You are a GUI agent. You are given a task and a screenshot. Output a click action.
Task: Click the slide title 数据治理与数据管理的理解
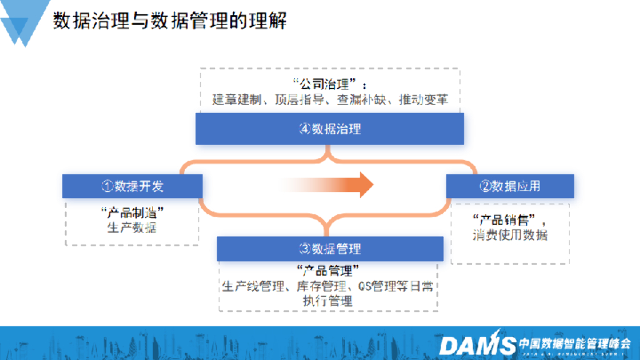170,21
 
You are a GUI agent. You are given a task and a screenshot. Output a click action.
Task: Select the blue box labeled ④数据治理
329,129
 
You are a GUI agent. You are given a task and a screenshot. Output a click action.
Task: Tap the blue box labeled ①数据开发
132,186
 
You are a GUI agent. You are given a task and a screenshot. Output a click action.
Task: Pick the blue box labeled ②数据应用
509,186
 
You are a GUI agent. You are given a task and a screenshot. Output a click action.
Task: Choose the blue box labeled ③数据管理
329,249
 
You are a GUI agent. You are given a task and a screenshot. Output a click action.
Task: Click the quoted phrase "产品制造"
132,212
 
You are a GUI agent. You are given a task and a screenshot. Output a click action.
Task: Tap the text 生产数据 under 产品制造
132,227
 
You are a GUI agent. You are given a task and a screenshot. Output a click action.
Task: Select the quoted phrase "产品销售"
505,220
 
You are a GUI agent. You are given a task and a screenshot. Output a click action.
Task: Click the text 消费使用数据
509,235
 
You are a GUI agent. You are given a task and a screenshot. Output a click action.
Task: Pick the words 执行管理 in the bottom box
328,301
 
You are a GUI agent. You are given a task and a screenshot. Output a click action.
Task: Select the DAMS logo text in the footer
477,344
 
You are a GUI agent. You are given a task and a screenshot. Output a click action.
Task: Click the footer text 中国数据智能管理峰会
575,343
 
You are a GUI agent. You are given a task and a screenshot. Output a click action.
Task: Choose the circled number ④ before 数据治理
305,129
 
